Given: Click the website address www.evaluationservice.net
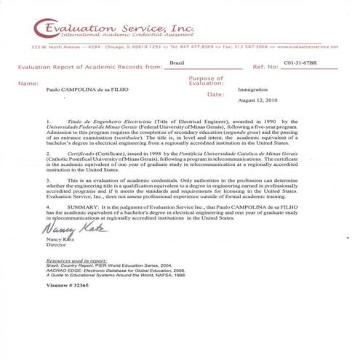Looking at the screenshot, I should [x=309, y=46].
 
